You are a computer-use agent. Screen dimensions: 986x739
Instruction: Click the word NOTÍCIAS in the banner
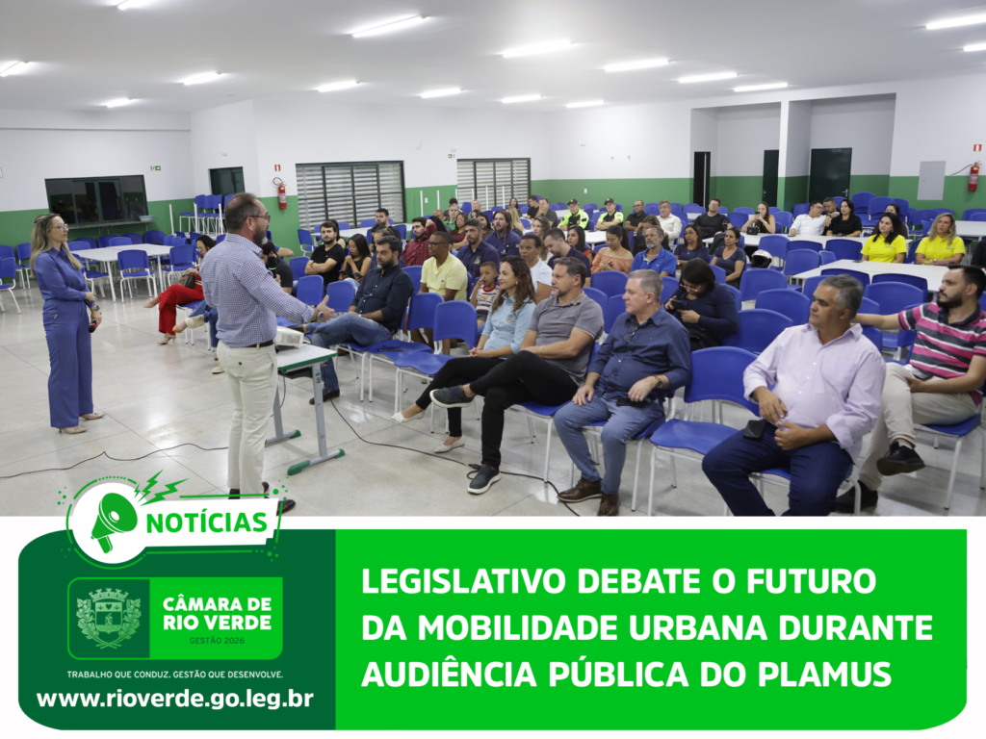point(207,522)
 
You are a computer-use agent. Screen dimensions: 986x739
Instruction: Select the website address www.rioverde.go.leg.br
point(175,699)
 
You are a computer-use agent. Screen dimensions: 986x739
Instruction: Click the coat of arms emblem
point(109,618)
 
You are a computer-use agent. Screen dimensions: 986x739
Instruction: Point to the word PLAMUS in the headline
point(824,675)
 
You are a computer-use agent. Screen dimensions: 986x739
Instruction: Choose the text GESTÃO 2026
point(217,641)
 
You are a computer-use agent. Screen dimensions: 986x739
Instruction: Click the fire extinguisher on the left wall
point(281,193)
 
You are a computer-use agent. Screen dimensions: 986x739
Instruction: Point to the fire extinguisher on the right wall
point(973,176)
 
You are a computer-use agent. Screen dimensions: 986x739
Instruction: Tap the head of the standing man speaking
point(247,213)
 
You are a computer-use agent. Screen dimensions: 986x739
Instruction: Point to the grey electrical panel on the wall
point(931,180)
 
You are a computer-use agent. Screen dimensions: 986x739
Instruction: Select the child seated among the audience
point(485,292)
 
